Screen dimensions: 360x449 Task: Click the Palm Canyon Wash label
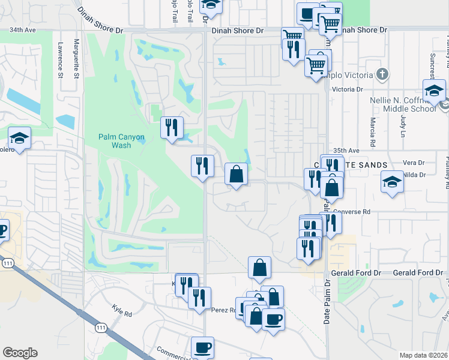tap(122, 141)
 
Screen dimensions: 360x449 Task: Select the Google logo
tap(20, 353)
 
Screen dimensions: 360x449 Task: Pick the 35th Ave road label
tap(346, 151)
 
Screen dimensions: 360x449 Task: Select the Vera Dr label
tap(414, 163)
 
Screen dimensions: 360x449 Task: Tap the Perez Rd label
tap(222, 310)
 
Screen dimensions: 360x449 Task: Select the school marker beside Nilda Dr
tap(392, 181)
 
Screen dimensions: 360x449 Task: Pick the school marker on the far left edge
tap(20, 139)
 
